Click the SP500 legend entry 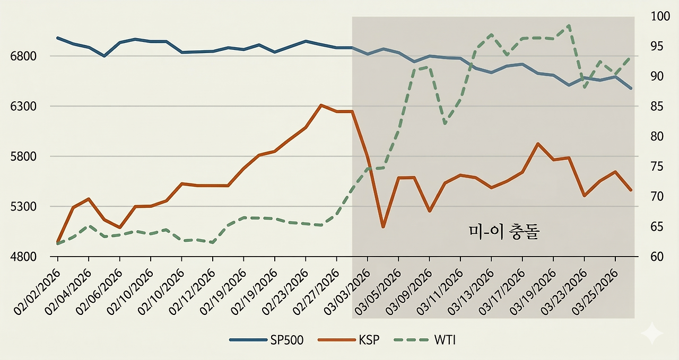point(267,340)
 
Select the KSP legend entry point(351,340)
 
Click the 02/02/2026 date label point(36,292)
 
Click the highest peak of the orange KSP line point(321,105)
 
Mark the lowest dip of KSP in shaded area point(383,227)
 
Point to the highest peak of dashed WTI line point(569,25)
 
